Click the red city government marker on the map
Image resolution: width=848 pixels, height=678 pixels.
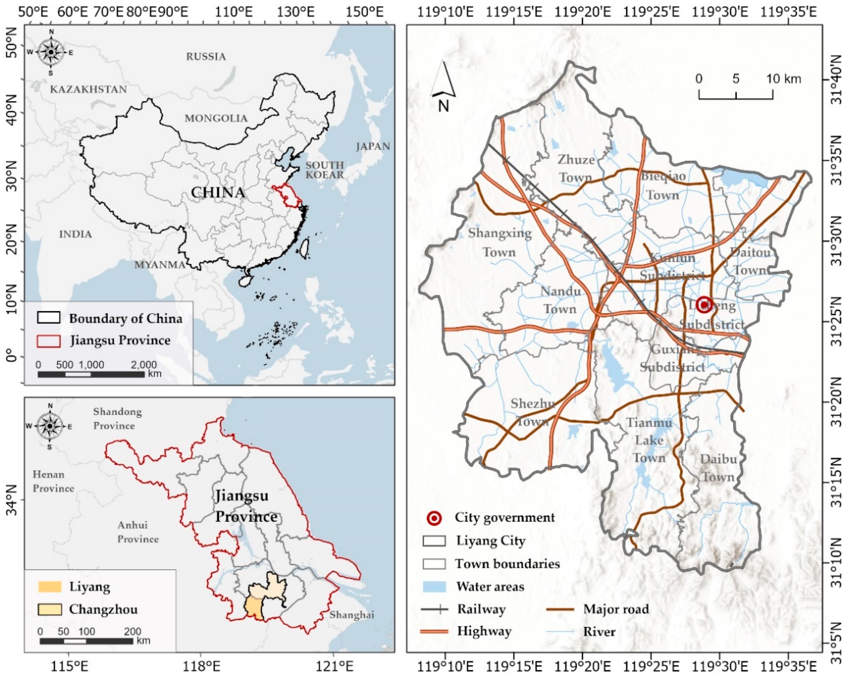click(704, 304)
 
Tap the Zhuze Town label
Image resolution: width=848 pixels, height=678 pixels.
click(576, 168)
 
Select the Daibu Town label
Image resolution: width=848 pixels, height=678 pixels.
click(718, 468)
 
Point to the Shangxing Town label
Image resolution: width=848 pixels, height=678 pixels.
click(499, 242)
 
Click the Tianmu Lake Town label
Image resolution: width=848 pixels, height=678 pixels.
click(649, 440)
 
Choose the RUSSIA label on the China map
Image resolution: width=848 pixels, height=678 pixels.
click(206, 57)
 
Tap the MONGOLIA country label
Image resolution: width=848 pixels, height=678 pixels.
click(216, 118)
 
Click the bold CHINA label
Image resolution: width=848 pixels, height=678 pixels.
click(218, 192)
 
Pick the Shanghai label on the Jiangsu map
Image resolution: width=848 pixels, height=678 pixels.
click(351, 614)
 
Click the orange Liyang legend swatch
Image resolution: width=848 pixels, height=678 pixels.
click(50, 587)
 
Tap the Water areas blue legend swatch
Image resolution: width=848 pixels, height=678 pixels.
click(434, 587)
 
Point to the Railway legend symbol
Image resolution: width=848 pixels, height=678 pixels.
click(434, 609)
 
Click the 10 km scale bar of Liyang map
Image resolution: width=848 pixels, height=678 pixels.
click(736, 95)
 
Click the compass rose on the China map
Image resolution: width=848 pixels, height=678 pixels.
click(51, 52)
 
